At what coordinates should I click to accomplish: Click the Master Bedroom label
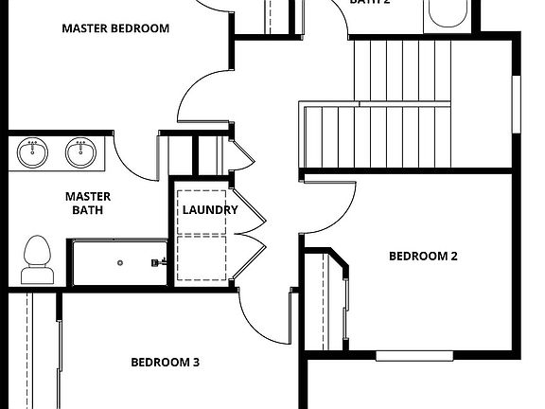pyautogui.click(x=115, y=28)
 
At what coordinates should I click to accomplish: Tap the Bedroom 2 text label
pyautogui.click(x=423, y=256)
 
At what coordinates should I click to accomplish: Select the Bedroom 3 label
pyautogui.click(x=165, y=362)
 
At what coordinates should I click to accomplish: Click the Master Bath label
pyautogui.click(x=88, y=203)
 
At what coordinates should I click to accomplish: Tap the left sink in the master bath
pyautogui.click(x=34, y=152)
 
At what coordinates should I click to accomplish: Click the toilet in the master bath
pyautogui.click(x=37, y=258)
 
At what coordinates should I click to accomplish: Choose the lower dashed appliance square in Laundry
pyautogui.click(x=203, y=258)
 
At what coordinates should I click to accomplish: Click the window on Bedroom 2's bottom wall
pyautogui.click(x=415, y=356)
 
